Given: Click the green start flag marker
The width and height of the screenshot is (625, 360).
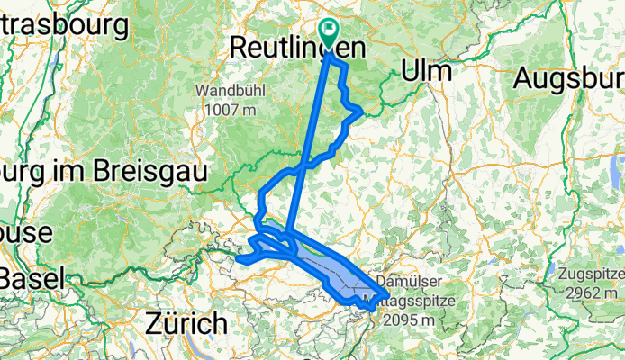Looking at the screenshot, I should (327, 34).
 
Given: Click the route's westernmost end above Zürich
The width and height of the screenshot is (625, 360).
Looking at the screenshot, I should (239, 259).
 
